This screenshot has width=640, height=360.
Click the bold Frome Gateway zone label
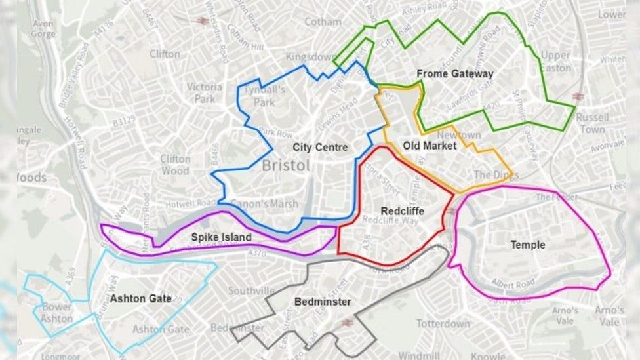coord(454,73)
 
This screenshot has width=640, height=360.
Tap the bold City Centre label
coord(320,147)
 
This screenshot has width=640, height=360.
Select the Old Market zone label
coord(430,146)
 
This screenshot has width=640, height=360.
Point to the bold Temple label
coord(528,245)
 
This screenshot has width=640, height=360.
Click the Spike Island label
coord(221,237)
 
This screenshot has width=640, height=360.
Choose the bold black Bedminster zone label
coord(322,302)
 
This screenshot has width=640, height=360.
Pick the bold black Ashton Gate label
coord(140,298)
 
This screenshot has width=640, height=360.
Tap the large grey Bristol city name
coord(286,165)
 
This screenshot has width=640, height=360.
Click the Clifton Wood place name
coord(175,165)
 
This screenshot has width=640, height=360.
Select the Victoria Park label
coord(205,92)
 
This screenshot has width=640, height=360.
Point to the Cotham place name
coord(323,21)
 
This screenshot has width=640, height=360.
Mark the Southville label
coord(251,290)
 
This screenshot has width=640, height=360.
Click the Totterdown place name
coord(443,323)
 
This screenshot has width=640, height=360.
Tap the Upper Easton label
coord(556,61)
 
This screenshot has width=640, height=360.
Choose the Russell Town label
coord(592,123)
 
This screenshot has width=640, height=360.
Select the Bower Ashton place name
coord(56,312)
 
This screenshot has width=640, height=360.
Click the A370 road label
coord(258,252)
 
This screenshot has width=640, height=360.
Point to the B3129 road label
coord(123,121)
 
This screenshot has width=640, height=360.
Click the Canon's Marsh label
coord(264,204)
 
